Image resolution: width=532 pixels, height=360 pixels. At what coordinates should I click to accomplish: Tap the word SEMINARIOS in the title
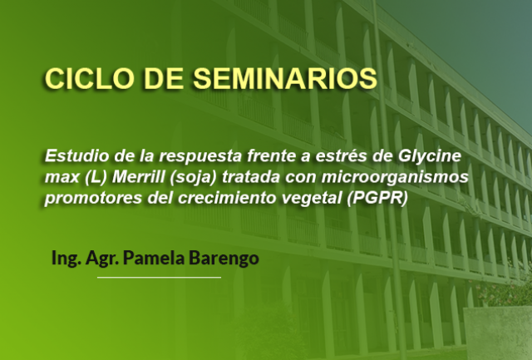[x=285, y=79]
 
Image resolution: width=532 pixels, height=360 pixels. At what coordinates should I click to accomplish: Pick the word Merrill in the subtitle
[x=138, y=177]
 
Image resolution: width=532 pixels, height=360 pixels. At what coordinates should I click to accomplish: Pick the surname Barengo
[x=224, y=259]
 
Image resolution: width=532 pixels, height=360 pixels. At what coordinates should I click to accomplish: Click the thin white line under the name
[x=159, y=278]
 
